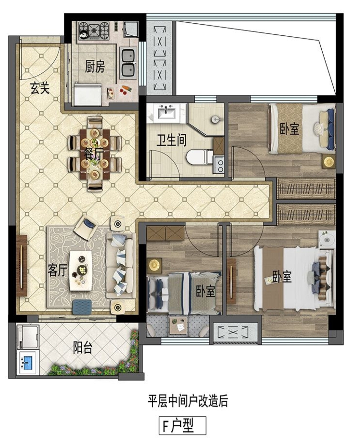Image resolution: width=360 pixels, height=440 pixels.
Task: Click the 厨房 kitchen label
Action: pos(95,67)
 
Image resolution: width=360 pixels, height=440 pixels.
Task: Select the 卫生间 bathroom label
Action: pos(171,140)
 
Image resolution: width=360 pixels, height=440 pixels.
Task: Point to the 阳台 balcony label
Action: pos(82,348)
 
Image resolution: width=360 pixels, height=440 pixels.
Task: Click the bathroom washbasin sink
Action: pos(166,113)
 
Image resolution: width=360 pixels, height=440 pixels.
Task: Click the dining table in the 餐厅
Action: pos(95,154)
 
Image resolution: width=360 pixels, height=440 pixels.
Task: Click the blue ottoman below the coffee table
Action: pos(82,307)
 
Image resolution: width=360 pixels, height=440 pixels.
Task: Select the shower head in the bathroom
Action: pos(216,119)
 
